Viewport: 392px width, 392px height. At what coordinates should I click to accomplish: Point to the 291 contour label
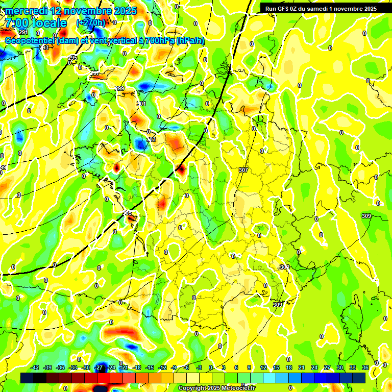click(23, 32)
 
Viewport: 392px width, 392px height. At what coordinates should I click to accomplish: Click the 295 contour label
click(72, 58)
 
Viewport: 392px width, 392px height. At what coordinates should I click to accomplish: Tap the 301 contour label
click(141, 104)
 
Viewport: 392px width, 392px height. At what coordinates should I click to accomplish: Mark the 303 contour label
click(151, 139)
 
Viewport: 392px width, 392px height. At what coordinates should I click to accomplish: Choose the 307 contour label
click(243, 170)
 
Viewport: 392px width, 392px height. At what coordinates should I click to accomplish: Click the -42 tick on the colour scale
click(35, 367)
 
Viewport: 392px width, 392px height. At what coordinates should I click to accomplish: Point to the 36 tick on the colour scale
click(365, 367)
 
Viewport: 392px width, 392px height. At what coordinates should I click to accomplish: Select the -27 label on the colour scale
click(99, 367)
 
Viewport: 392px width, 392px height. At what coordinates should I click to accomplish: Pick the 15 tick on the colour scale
click(276, 367)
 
